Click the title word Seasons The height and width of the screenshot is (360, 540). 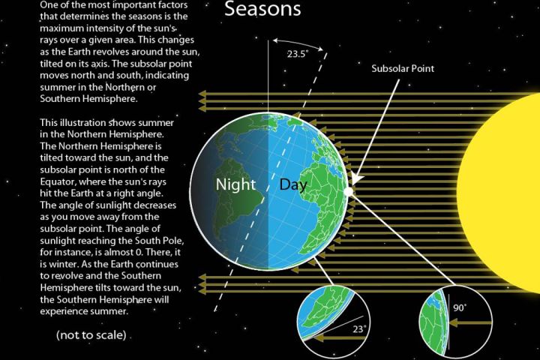262,8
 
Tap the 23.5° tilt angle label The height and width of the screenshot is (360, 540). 298,54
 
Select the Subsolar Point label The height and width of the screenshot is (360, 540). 403,68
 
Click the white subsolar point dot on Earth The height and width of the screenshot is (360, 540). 349,191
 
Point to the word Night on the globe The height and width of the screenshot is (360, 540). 235,184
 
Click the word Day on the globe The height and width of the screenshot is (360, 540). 293,184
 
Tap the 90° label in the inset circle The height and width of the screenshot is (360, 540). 460,307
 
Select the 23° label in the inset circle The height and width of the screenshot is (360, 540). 358,329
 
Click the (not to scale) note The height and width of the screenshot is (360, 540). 91,334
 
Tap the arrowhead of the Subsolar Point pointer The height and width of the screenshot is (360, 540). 355,180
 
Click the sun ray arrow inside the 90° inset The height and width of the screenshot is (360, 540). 470,323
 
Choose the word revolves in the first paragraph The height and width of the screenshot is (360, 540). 109,52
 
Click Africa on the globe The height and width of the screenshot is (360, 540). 324,199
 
